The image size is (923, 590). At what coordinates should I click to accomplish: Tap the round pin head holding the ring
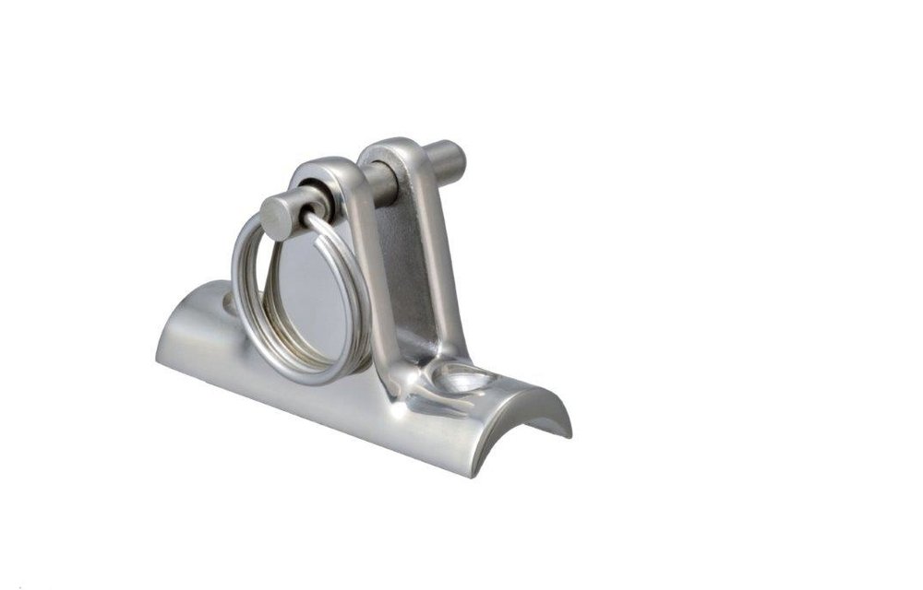pos(278,218)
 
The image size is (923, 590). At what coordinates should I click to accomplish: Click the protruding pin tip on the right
pos(450,161)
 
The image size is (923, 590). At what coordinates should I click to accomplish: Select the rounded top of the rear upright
pos(389,150)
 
